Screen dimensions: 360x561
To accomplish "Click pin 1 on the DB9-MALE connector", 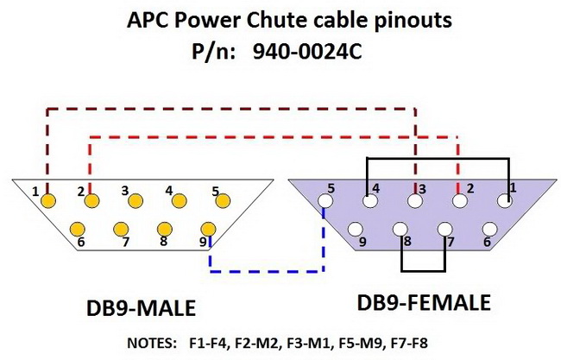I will click(48, 200).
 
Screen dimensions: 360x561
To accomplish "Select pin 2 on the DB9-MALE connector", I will click(91, 201).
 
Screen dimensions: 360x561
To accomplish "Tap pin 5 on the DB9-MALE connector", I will click(224, 200).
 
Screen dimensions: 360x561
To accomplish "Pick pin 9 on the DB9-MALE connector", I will click(207, 229).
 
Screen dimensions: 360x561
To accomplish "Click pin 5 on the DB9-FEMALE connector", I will click(325, 202).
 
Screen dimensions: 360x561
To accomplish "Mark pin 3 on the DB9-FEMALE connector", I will click(415, 202).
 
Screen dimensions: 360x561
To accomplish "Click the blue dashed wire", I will click(268, 271).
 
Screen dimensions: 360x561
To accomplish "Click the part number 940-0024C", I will click(311, 51).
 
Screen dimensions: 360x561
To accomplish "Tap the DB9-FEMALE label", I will click(424, 304).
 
